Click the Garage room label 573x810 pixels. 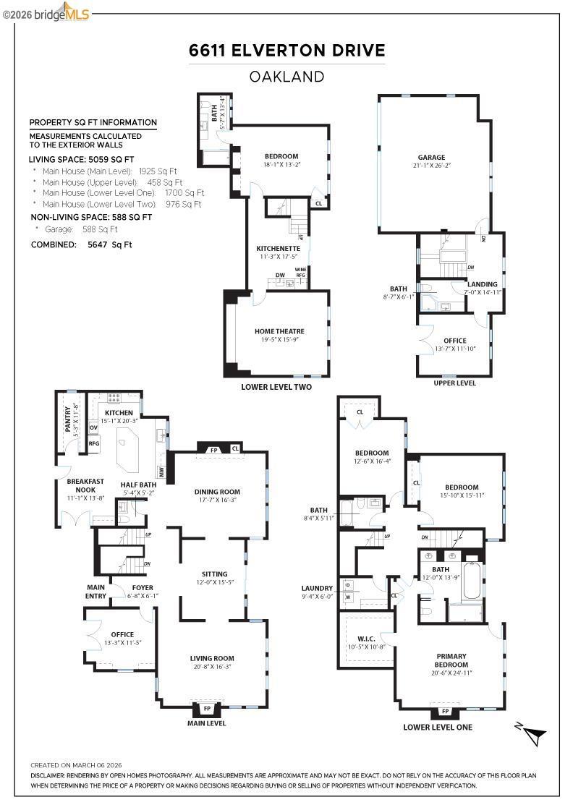tap(431, 157)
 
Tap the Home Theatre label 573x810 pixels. tap(279, 331)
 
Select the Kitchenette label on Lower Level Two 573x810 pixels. tap(278, 249)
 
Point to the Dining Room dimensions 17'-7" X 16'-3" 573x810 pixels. tap(218, 500)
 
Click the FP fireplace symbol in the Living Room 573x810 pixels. tap(207, 708)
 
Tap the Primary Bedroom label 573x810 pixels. tap(451, 660)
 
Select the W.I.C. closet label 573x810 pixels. tap(366, 639)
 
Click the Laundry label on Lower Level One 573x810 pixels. tap(317, 588)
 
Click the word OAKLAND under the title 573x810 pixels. tap(286, 77)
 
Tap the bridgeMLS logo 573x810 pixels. tap(46, 13)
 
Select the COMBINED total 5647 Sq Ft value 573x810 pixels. tap(109, 245)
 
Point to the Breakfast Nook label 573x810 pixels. tap(85, 485)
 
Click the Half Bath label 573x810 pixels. tap(138, 485)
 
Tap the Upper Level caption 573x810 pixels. tap(454, 383)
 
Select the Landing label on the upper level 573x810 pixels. tap(482, 284)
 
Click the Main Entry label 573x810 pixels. tap(95, 592)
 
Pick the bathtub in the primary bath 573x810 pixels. tap(472, 581)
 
